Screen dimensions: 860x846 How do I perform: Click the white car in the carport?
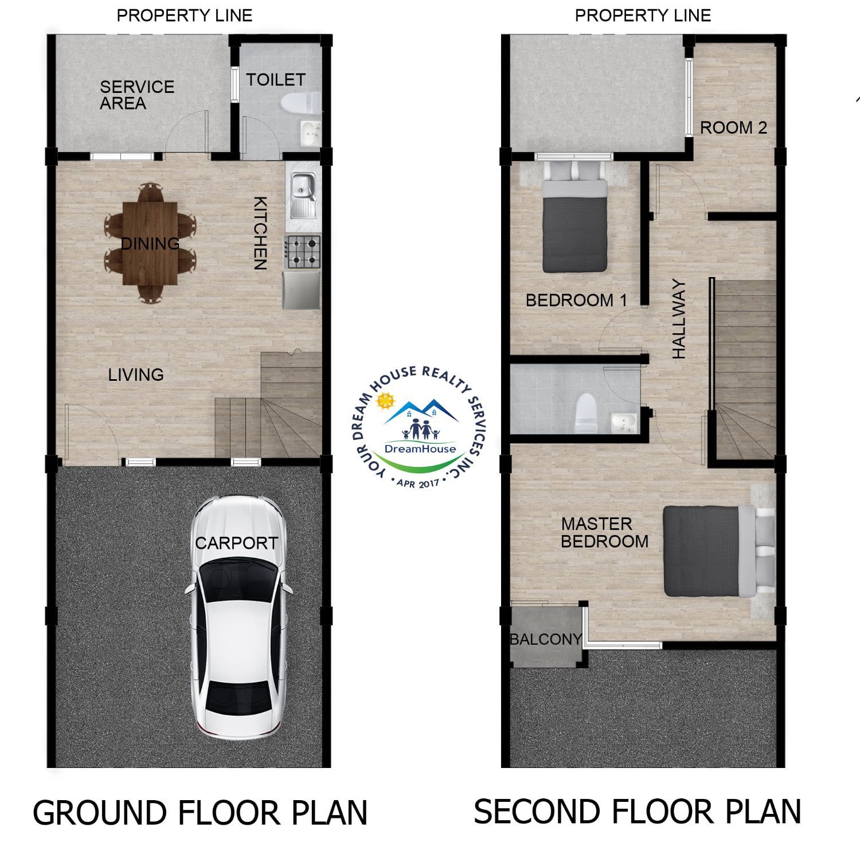[x=237, y=617]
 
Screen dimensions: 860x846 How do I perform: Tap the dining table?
[x=150, y=243]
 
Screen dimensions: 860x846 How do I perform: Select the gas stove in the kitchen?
[x=303, y=252]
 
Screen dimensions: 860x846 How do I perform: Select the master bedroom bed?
[x=717, y=551]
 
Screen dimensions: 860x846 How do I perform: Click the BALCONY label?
[x=546, y=639]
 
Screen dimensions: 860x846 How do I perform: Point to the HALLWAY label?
[x=679, y=319]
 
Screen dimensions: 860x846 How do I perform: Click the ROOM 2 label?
[x=733, y=127]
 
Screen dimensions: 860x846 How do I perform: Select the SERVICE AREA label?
[x=137, y=95]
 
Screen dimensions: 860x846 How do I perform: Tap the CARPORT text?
[x=236, y=543]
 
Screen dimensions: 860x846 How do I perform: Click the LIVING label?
[x=136, y=375]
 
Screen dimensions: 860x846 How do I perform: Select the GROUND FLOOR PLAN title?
[x=200, y=813]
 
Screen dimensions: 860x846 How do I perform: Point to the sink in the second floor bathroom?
[x=623, y=423]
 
